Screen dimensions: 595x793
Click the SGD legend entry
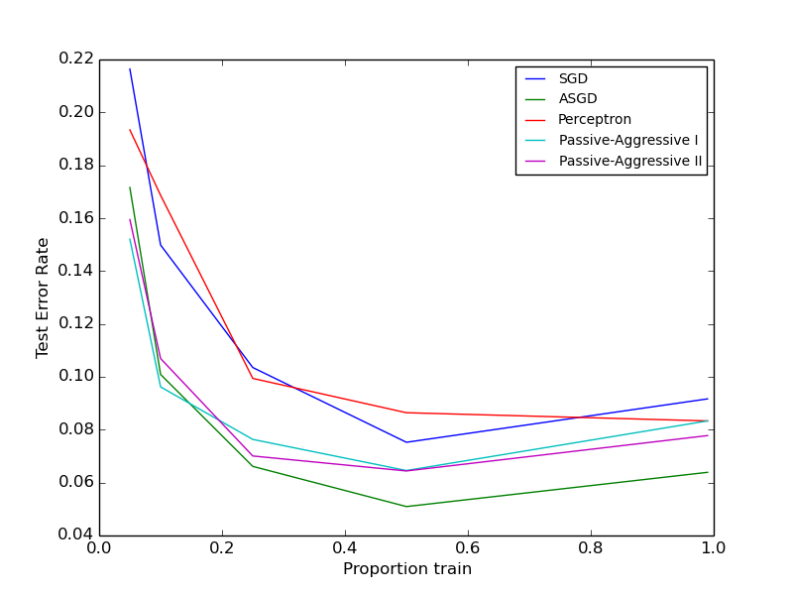click(573, 78)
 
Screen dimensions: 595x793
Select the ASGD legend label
click(577, 99)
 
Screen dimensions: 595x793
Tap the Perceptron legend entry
click(594, 120)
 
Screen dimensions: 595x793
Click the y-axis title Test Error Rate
click(43, 297)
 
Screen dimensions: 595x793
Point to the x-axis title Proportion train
click(406, 569)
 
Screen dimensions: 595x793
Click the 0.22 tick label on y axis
click(75, 59)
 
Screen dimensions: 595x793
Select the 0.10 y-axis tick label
click(75, 377)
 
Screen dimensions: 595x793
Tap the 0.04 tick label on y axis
click(75, 535)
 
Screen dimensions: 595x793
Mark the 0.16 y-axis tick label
click(75, 218)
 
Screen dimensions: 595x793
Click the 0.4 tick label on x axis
click(345, 548)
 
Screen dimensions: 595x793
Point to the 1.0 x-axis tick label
click(714, 548)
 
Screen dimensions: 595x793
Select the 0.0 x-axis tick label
click(99, 548)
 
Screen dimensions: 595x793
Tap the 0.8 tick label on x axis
click(591, 548)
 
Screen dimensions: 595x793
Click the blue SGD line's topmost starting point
click(130, 68)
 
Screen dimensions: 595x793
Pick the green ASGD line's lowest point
click(406, 507)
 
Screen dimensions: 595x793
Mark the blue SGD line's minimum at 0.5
click(406, 442)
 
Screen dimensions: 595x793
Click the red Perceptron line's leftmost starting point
click(130, 129)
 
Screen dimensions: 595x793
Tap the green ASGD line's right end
click(708, 472)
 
